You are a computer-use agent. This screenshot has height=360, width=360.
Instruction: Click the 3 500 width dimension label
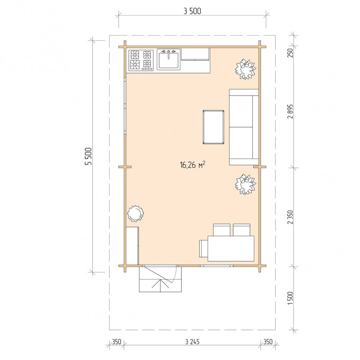coord(192,11)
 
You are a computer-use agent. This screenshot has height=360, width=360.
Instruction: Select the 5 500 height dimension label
coord(88,156)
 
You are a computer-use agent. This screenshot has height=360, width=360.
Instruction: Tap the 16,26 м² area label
coord(192,165)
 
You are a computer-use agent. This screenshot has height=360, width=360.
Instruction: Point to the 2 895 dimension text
coord(290,112)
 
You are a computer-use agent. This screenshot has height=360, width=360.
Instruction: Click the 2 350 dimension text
coord(290,217)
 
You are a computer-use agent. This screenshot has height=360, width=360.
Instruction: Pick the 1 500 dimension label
coord(290,298)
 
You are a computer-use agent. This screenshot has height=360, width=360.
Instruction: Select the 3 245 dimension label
coord(192,342)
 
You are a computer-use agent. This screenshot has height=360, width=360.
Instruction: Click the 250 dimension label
coord(290,53)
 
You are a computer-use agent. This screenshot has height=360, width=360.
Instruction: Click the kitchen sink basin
coord(169,60)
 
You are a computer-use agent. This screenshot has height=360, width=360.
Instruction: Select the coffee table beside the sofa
coord(214,127)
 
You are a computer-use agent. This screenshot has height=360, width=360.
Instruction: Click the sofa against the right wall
coord(244,127)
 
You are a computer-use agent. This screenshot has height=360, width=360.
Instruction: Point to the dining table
coord(231,248)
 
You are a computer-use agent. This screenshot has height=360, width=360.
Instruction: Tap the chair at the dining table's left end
coord(203,248)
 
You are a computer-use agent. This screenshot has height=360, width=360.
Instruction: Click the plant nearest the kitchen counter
coord(246,69)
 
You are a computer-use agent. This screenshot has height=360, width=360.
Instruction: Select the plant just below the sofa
coord(246,184)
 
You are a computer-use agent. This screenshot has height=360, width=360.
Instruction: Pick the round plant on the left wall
coord(136,214)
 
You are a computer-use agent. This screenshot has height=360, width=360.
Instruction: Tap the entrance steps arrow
coord(160,284)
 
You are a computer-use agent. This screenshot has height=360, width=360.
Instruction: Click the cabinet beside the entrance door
coord(132,246)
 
